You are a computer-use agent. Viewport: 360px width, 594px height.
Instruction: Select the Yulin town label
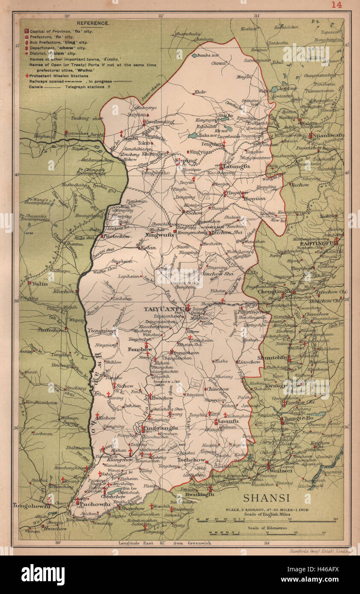click(x=39, y=283)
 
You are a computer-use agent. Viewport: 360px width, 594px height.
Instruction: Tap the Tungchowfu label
click(x=32, y=506)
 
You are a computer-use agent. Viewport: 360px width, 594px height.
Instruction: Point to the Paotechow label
click(x=116, y=236)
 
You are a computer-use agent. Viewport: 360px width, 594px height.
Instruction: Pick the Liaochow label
click(x=249, y=362)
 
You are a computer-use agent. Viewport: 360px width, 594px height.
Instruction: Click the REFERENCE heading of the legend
click(x=89, y=23)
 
